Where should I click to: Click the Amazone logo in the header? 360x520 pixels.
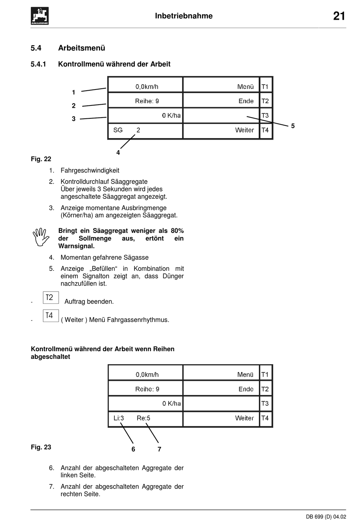coord(39,16)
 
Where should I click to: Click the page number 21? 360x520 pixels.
coord(339,16)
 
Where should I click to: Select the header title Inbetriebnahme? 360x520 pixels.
coord(184,16)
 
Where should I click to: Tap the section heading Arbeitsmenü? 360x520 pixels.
coord(81,48)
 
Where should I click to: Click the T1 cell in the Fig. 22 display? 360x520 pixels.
coord(265,86)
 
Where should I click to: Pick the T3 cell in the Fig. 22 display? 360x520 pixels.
coord(265,115)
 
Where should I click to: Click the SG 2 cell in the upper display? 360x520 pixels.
coord(127,130)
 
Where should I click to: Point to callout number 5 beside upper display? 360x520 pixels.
coord(293,126)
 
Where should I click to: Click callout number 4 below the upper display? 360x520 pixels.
coord(118,152)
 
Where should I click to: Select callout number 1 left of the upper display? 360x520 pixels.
coord(74,92)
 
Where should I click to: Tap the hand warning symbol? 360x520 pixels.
coord(41,237)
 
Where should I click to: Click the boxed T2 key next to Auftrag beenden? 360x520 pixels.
coord(50,297)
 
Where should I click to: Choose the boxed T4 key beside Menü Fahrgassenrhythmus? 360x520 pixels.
coord(50,316)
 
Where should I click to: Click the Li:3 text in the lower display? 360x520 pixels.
coord(119,418)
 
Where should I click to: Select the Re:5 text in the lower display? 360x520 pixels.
coord(144,418)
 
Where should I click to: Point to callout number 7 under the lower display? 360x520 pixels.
coord(160,449)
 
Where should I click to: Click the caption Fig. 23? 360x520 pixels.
coord(41,447)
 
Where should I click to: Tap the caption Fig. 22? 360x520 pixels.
coord(41,159)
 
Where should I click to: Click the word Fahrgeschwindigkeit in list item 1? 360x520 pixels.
coord(90,170)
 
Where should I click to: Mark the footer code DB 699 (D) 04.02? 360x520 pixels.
coord(326,516)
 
